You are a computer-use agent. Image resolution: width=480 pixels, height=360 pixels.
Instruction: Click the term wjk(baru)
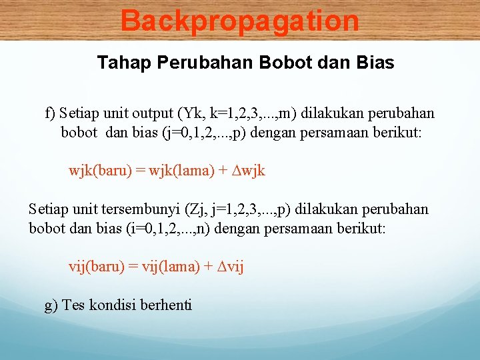(x=99, y=171)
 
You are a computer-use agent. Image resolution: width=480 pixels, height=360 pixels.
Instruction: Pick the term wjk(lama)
(x=175, y=171)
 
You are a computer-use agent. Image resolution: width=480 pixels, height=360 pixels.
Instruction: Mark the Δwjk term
(x=248, y=171)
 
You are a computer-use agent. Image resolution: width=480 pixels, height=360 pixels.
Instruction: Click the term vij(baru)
(x=96, y=267)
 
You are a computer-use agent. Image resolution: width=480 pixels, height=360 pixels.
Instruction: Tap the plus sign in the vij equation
(x=208, y=267)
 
